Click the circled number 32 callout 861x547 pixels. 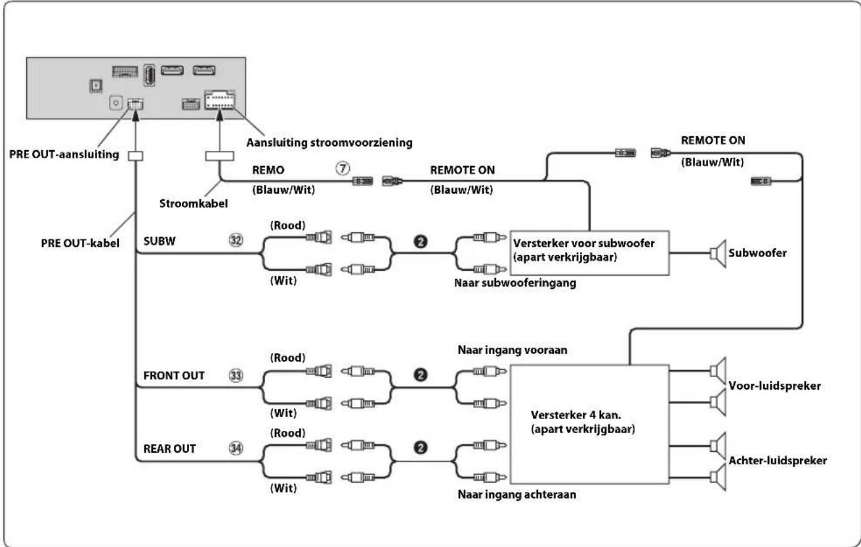tap(236, 241)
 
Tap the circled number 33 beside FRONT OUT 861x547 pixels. tap(236, 375)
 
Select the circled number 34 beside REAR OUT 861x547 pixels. tap(236, 448)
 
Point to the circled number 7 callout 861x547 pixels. tap(343, 169)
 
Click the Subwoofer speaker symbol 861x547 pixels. tap(718, 254)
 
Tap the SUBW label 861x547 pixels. tap(159, 241)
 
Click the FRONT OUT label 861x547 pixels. tap(174, 376)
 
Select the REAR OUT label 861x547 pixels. tap(169, 449)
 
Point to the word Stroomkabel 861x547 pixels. tap(194, 203)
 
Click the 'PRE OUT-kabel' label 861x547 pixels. tap(80, 243)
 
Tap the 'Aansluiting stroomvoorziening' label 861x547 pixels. tap(329, 143)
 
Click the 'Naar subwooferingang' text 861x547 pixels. tap(515, 283)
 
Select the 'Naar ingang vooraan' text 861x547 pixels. tap(513, 350)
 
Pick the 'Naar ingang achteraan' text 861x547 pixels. tap(516, 495)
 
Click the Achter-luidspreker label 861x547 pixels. tap(778, 460)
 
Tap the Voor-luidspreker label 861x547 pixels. tap(774, 386)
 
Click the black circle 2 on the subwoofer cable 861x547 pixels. tap(421, 241)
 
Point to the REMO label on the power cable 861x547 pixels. tap(268, 170)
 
